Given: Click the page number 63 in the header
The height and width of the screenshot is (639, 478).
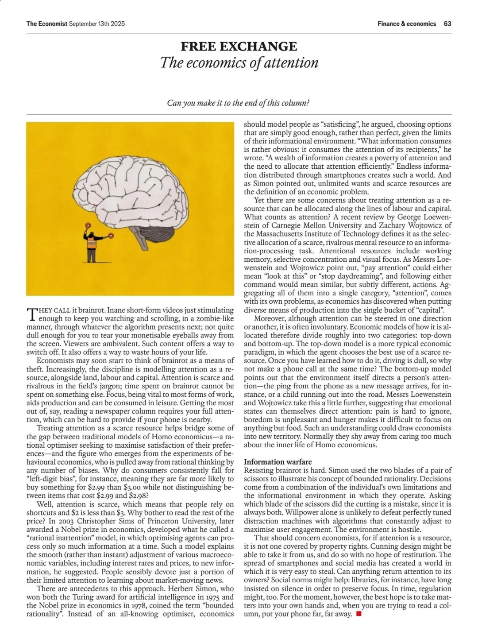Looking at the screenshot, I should pyautogui.click(x=447, y=23).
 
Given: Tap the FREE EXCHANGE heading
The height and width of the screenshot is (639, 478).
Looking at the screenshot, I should pyautogui.click(x=239, y=46).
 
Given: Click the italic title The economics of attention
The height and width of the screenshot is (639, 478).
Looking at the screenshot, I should pyautogui.click(x=239, y=62).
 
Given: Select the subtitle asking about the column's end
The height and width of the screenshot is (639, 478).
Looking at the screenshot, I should pyautogui.click(x=238, y=103).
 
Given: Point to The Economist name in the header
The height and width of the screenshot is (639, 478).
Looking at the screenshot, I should pyautogui.click(x=46, y=23).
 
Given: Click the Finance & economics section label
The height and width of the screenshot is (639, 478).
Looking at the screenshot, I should pyautogui.click(x=407, y=23).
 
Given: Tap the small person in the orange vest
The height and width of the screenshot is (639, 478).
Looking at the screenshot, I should pyautogui.click(x=92, y=244).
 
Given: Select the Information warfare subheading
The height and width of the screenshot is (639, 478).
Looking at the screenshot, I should pyautogui.click(x=278, y=461).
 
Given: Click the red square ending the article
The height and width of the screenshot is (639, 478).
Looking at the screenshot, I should pyautogui.click(x=358, y=614).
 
